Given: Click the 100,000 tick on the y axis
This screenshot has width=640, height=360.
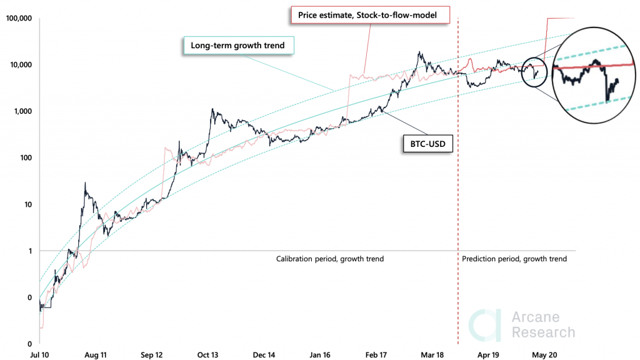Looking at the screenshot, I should coord(19,19).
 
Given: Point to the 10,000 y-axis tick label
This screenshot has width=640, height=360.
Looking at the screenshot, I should coord(21,65).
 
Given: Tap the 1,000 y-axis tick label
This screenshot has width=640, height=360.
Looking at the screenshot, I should coord(22,111).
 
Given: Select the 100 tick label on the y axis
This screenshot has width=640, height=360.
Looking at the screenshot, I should coord(26,157).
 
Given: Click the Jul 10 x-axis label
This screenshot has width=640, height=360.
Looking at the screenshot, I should coord(39,354).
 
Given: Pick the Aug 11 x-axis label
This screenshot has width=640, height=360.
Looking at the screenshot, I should coord(96,354).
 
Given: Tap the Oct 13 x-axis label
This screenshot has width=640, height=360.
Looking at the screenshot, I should coord(207,354).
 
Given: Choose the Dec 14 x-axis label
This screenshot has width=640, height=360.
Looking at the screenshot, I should coord(264,354).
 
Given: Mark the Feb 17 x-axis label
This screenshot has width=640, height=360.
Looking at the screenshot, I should coord(376,354).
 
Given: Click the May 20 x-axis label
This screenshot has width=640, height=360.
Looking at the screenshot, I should coord(544,354).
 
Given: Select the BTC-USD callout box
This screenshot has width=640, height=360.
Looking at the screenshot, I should coord(426,144).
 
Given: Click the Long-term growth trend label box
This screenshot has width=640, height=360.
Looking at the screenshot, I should coord(237,46).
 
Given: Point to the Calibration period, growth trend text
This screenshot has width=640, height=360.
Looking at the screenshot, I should coord(330,259).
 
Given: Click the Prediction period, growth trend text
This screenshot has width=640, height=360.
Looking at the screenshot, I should coord(514,259).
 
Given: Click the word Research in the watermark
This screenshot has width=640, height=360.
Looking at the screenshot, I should coord(543,332).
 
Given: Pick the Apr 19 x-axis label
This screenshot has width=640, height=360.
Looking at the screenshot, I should coord(488,354).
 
